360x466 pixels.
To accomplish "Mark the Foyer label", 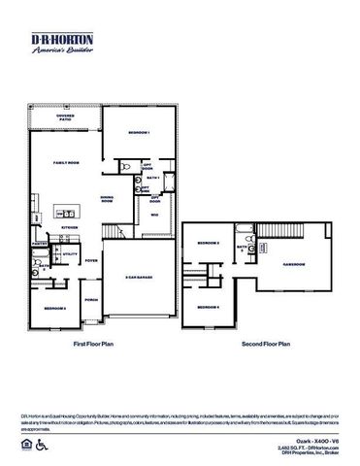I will pos(91,260).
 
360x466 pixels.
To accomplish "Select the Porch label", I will pos(91,299).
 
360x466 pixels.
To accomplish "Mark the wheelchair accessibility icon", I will pos(41,445).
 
